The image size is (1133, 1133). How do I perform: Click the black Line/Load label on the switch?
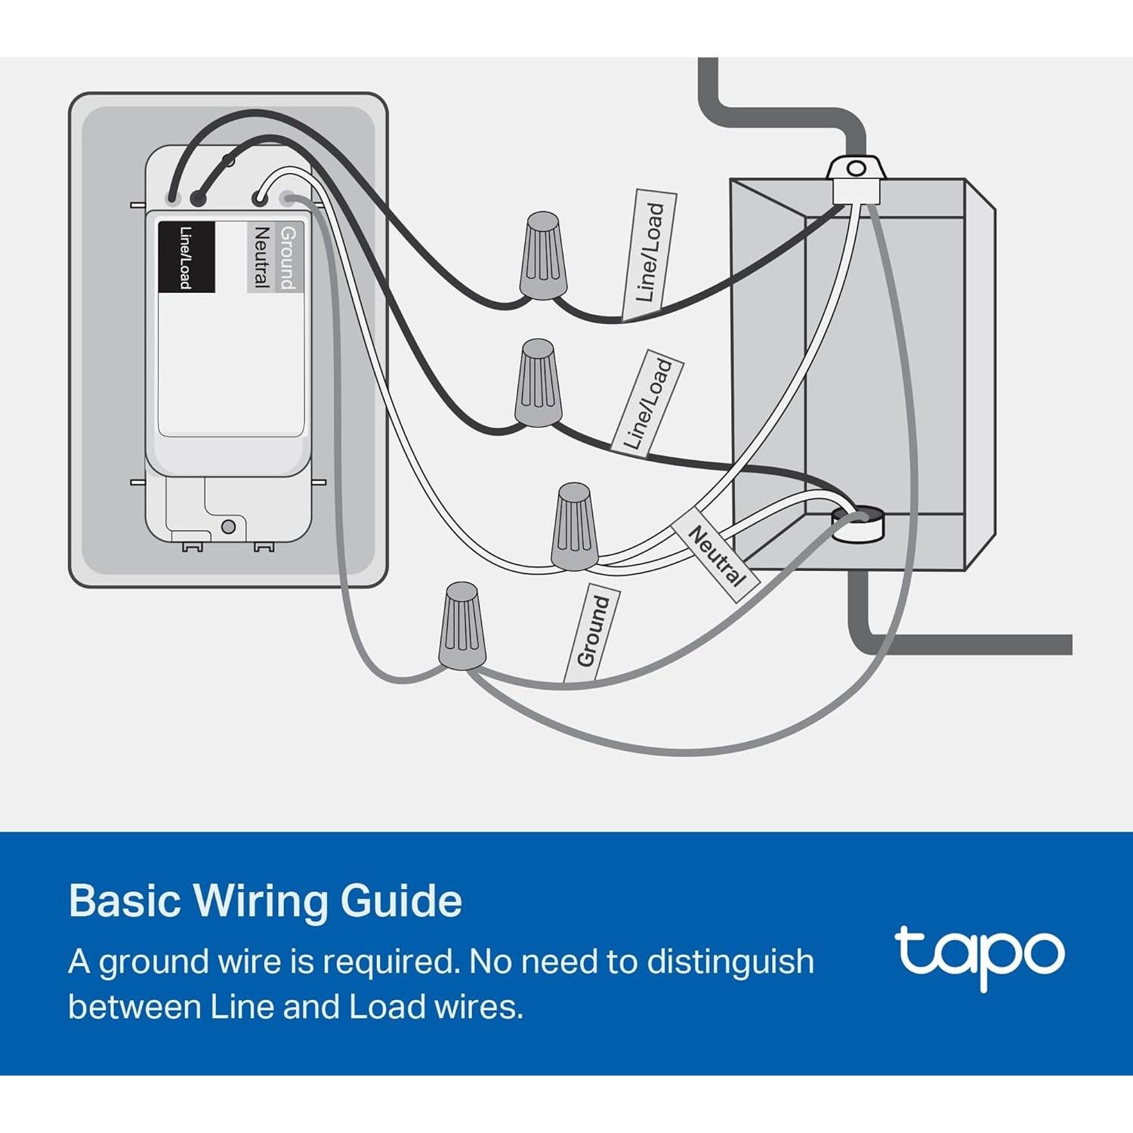coord(186,257)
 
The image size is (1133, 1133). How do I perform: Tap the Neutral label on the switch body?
coord(261,257)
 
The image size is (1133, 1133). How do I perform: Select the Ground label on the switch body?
coord(288,257)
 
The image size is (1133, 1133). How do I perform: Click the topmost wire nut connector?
coord(542,255)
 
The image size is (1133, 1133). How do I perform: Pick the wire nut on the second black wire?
coord(538,383)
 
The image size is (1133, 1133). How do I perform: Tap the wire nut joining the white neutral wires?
coord(576,526)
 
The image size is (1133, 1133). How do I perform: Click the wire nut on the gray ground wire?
coord(462,626)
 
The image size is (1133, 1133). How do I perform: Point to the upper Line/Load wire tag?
coord(650,253)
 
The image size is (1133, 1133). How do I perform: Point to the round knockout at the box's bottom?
coord(857,523)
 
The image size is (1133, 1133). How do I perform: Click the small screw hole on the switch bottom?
coord(229,526)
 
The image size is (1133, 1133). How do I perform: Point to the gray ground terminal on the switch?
coord(287,199)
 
